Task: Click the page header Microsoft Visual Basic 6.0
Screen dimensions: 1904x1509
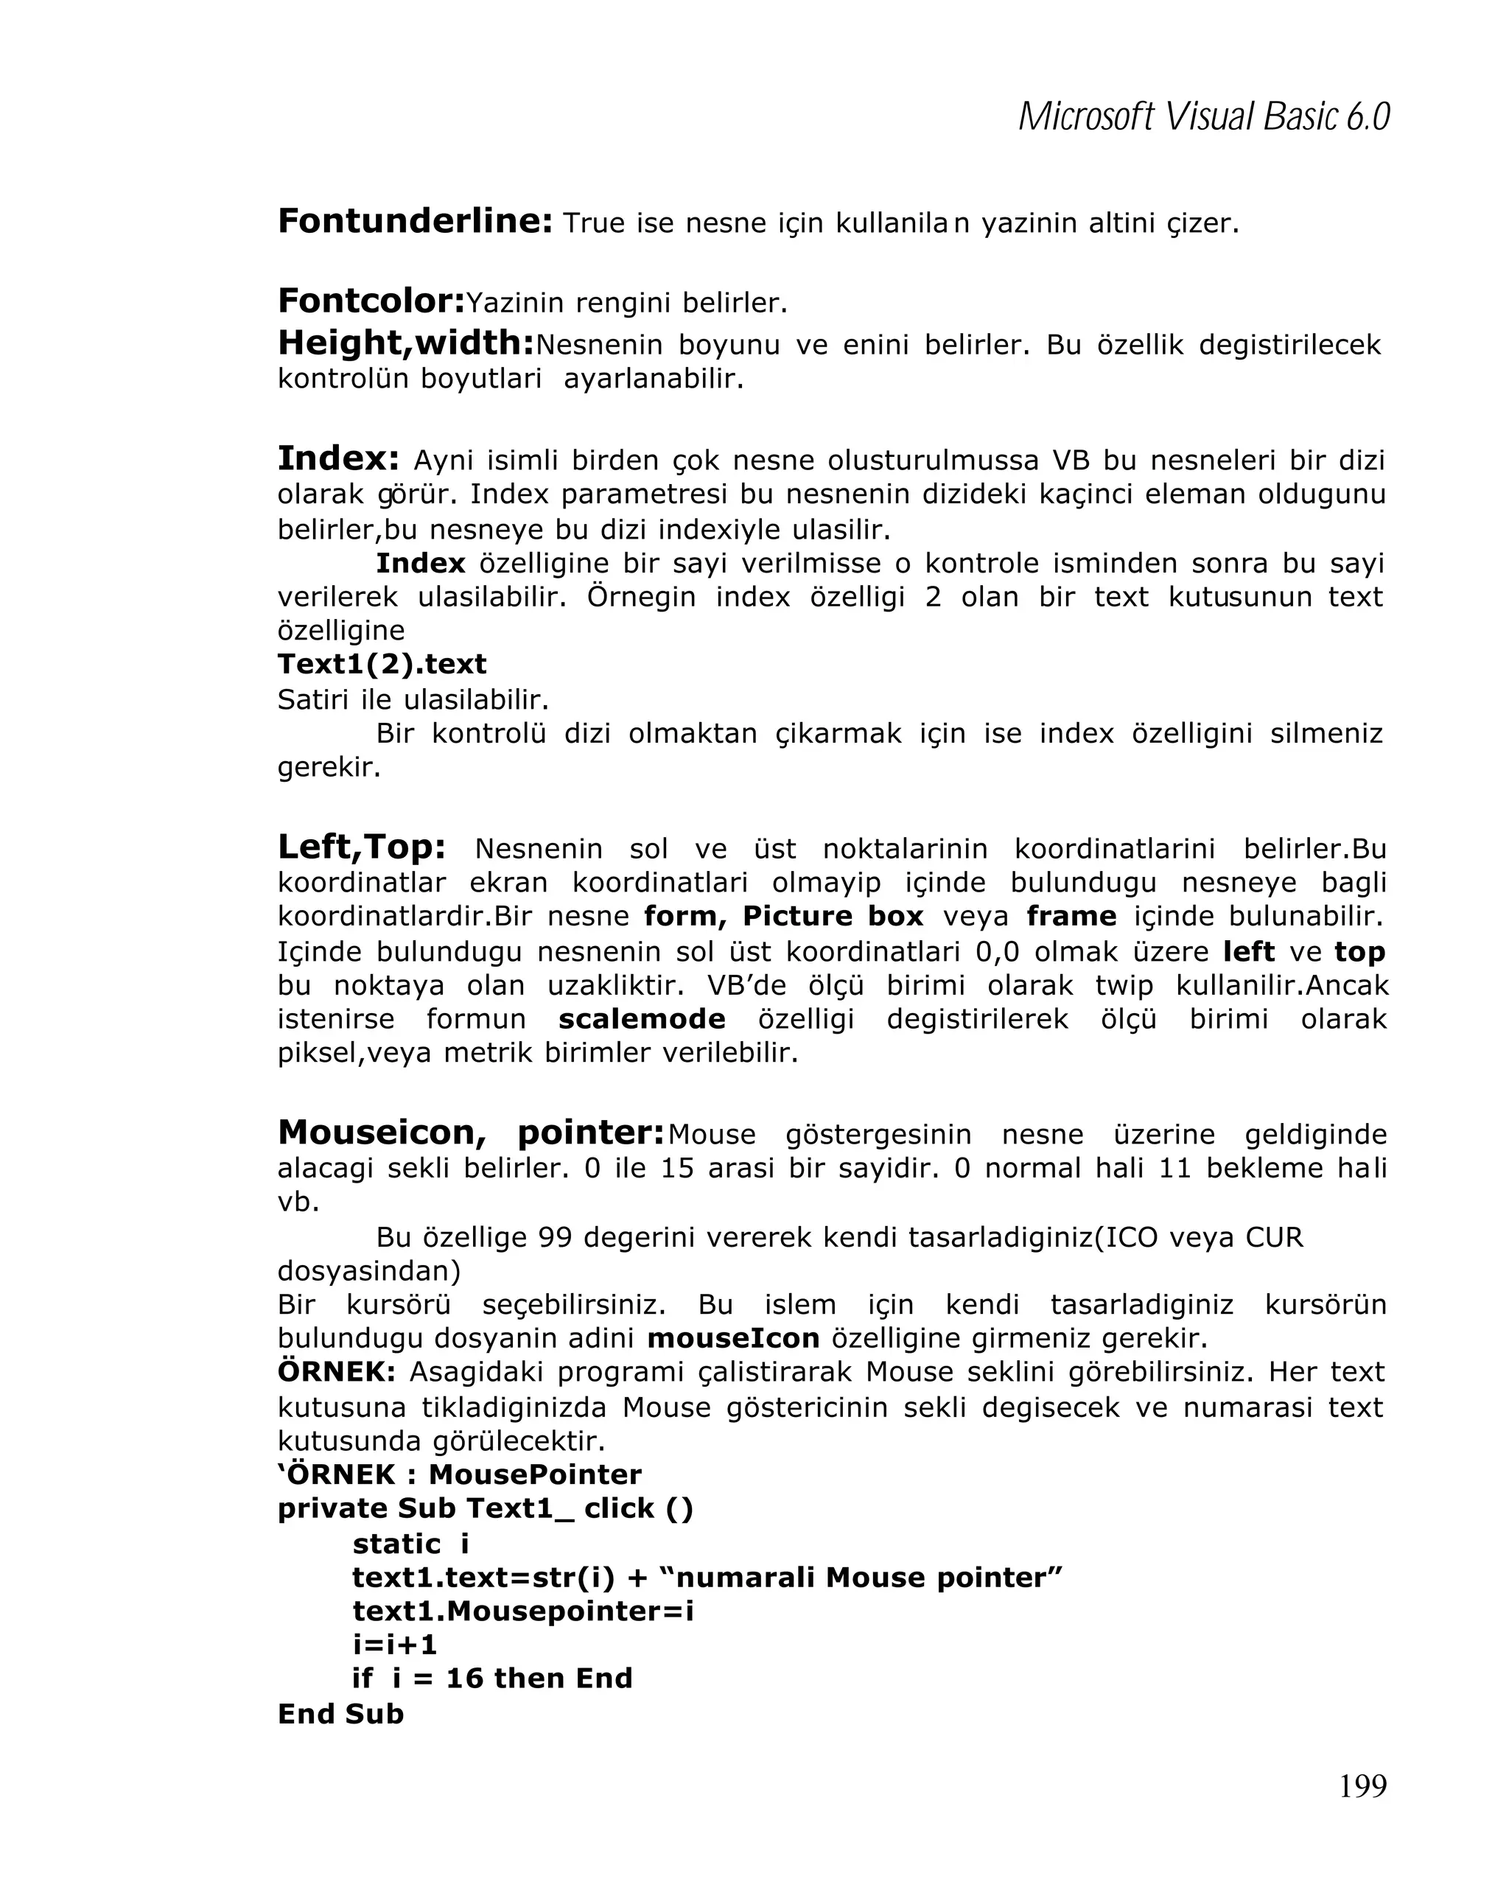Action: tap(1203, 117)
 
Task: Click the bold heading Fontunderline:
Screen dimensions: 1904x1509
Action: tap(415, 221)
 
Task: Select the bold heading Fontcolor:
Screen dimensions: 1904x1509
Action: tap(371, 301)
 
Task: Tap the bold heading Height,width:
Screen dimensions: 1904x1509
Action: tap(406, 343)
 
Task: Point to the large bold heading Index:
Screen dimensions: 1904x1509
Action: tap(338, 458)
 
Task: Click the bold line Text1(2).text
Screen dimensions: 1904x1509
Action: tap(382, 663)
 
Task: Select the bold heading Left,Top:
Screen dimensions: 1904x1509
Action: tap(361, 847)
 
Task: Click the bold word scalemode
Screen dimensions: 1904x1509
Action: tap(641, 1019)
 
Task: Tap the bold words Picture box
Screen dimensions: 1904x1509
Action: tap(832, 916)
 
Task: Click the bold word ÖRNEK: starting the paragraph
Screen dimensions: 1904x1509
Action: tap(337, 1372)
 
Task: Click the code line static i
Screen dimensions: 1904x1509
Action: tap(410, 1544)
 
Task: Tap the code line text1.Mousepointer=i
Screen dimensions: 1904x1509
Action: tap(522, 1611)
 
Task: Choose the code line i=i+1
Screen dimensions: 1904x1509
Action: tap(395, 1645)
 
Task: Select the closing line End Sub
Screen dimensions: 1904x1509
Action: tap(340, 1713)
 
